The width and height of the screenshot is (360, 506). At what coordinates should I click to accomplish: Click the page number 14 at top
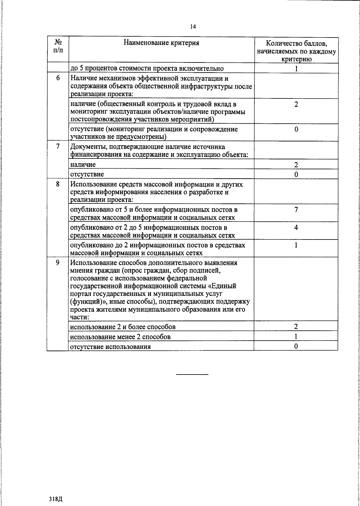tap(193, 27)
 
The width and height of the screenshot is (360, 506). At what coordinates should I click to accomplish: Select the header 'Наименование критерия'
tap(161, 43)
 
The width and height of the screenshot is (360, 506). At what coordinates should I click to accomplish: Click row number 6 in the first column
tap(58, 77)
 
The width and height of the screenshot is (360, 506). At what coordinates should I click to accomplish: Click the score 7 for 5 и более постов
tap(296, 210)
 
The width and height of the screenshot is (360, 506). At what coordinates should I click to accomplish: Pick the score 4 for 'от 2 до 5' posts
tap(296, 227)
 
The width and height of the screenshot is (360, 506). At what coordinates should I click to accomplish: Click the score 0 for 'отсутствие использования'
tap(296, 346)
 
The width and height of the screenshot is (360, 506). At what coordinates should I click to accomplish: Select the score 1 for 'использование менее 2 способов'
tap(296, 336)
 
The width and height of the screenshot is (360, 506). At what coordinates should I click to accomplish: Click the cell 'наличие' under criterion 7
tap(83, 164)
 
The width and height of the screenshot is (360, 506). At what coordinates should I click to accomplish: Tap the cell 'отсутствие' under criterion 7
tap(87, 174)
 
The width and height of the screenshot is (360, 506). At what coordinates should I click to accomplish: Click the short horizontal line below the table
tap(192, 374)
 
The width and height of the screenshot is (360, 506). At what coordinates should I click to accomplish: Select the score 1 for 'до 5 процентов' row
tap(296, 68)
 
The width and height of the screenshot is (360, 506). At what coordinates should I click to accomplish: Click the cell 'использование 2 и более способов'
tap(123, 327)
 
